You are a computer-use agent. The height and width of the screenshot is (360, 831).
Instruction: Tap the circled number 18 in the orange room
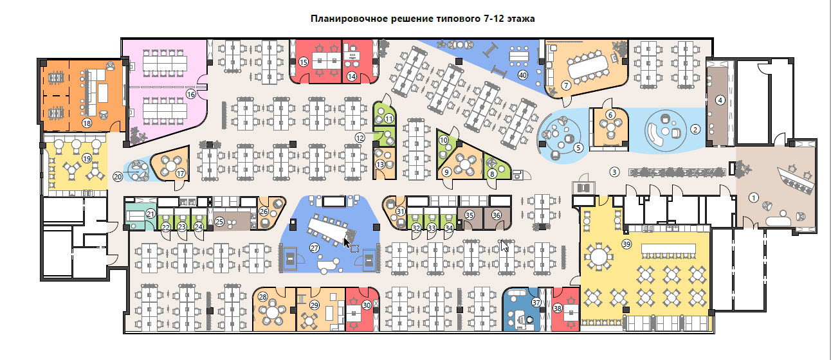click(x=87, y=123)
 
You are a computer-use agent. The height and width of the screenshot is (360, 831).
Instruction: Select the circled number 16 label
click(x=190, y=94)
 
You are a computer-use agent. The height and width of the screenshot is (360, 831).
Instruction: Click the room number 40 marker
click(x=523, y=75)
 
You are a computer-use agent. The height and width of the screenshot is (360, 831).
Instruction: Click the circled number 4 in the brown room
click(x=720, y=100)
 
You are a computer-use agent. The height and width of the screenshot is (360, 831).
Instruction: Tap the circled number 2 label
click(x=695, y=129)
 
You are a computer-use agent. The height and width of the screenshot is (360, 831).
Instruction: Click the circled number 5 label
click(x=578, y=148)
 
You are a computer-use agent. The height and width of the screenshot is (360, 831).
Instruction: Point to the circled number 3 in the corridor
click(x=614, y=172)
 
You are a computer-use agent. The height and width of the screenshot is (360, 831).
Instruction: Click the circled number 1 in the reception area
click(x=753, y=197)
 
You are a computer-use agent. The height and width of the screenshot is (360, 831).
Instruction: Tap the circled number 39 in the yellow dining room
click(x=626, y=244)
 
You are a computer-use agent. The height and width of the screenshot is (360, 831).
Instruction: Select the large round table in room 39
click(x=598, y=256)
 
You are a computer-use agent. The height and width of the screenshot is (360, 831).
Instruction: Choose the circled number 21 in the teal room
click(x=151, y=214)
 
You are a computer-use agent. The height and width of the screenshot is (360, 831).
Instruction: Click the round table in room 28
click(x=273, y=312)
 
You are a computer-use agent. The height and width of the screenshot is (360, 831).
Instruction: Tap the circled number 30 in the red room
click(x=367, y=305)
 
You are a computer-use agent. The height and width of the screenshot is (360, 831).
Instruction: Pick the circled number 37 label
click(x=536, y=303)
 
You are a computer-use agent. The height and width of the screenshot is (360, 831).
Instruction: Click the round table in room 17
click(x=170, y=165)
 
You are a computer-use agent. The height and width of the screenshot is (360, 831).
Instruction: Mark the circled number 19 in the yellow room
click(x=87, y=159)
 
